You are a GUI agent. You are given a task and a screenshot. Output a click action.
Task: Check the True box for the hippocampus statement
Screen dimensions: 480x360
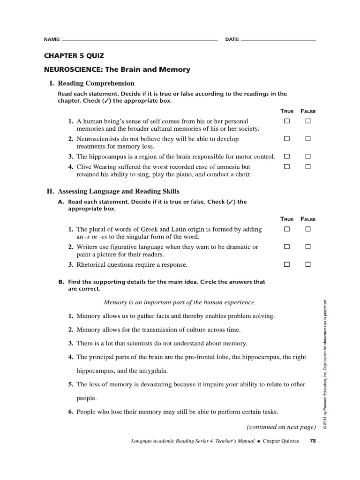tap(287, 156)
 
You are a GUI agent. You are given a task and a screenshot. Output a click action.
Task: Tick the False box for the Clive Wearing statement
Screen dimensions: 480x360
tap(308, 166)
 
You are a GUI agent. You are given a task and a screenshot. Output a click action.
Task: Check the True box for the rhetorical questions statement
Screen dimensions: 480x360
tap(287, 264)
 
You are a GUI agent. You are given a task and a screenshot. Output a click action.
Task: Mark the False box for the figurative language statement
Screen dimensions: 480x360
tap(308, 247)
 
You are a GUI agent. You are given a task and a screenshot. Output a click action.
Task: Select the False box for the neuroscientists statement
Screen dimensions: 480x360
tap(308, 139)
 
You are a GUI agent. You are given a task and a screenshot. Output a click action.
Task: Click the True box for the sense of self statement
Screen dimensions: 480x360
tap(287, 121)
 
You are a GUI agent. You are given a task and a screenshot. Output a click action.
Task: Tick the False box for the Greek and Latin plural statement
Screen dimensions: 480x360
tap(308, 229)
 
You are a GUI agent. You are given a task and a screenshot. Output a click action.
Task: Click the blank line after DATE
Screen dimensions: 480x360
tap(278, 40)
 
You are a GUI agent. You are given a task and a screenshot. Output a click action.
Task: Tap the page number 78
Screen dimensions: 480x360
tap(313, 441)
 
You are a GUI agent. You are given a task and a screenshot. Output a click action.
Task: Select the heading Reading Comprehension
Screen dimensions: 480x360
tap(96, 83)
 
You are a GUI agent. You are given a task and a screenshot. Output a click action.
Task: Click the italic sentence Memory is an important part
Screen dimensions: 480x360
tap(180, 302)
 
